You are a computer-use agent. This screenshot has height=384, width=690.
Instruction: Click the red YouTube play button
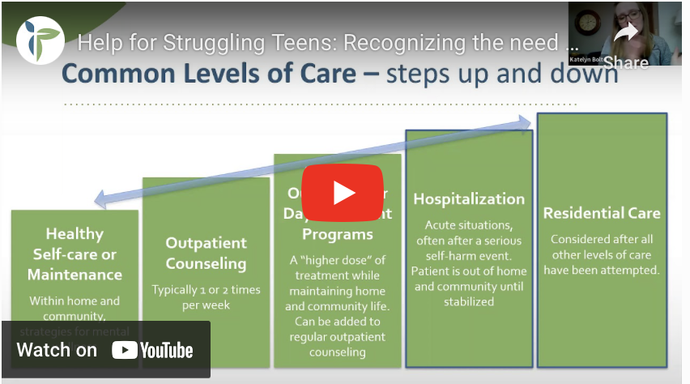pyautogui.click(x=343, y=192)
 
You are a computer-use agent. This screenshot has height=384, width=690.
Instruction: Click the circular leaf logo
pyautogui.click(x=40, y=40)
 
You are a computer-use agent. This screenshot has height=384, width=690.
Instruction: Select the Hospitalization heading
pyautogui.click(x=469, y=198)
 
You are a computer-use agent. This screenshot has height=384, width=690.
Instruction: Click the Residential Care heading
pyautogui.click(x=602, y=213)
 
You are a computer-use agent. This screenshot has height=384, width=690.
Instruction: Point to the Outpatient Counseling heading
pyautogui.click(x=206, y=253)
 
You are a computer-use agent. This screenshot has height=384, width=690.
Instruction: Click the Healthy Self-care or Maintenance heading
pyautogui.click(x=75, y=254)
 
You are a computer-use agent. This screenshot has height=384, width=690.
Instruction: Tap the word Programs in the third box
pyautogui.click(x=338, y=234)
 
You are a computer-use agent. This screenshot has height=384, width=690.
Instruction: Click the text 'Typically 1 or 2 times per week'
pyautogui.click(x=206, y=297)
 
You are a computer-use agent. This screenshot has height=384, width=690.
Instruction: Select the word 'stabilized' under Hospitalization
pyautogui.click(x=469, y=301)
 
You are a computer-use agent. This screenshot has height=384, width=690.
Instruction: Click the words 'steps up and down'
pyautogui.click(x=502, y=75)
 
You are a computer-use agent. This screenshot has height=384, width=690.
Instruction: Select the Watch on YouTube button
pyautogui.click(x=105, y=350)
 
